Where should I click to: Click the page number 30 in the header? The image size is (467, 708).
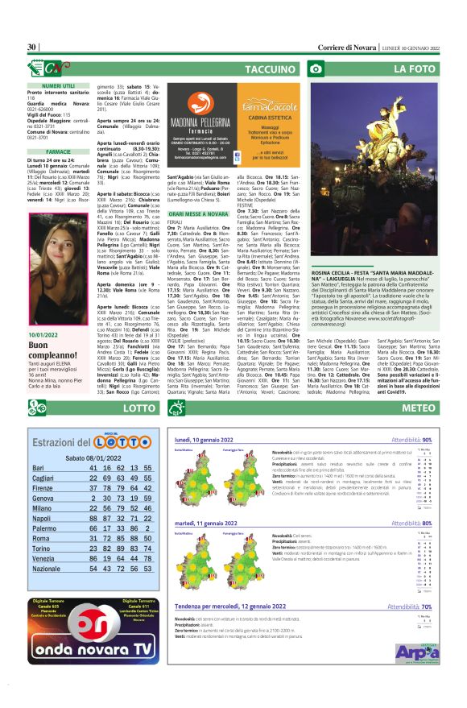click(x=31, y=47)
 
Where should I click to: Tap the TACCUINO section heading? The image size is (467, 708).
click(x=270, y=70)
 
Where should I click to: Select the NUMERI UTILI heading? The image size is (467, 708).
click(x=58, y=85)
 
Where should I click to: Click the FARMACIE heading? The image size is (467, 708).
click(x=58, y=151)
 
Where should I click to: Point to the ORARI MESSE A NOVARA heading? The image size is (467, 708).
click(x=197, y=214)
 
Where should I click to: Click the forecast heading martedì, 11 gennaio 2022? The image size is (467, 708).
click(x=209, y=523)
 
